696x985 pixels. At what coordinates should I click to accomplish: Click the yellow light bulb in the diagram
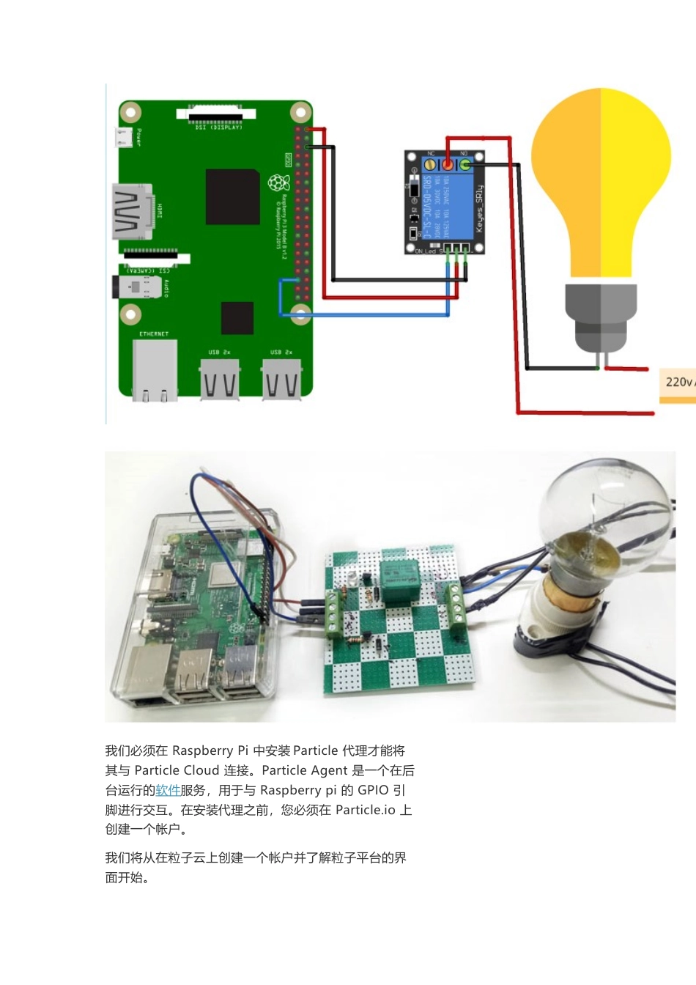point(601,183)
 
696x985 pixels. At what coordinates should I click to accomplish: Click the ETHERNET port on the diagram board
point(154,370)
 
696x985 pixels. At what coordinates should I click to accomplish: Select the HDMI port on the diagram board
point(133,212)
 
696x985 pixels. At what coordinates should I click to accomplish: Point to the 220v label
point(678,382)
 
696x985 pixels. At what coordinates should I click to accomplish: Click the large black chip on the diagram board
point(232,196)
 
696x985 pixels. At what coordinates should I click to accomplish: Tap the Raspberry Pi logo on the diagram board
point(278,182)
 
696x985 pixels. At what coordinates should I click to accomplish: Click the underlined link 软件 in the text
point(168,790)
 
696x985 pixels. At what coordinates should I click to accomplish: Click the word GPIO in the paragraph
point(373,790)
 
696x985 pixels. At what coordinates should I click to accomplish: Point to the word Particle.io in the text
point(366,810)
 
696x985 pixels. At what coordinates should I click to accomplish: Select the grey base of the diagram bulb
point(601,315)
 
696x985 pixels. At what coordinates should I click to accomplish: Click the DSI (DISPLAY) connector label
point(218,128)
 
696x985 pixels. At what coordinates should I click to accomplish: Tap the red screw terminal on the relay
point(447,165)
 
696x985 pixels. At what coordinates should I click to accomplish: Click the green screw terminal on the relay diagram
point(464,165)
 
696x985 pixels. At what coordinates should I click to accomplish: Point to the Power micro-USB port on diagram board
point(123,137)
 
